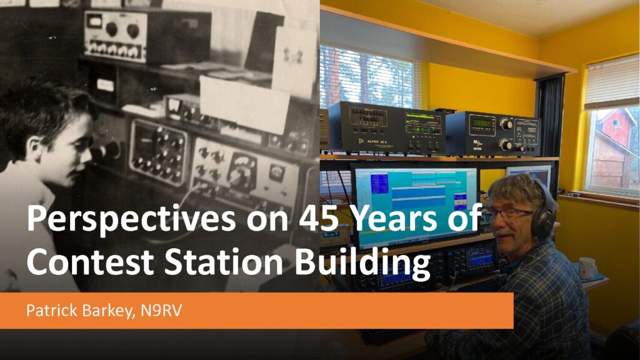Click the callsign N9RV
coord(161,311)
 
